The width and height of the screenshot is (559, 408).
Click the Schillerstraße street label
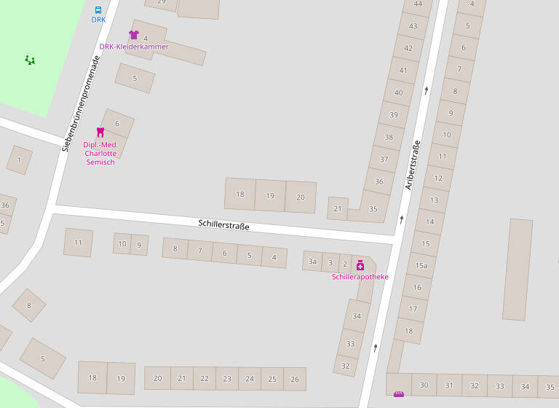point(223,226)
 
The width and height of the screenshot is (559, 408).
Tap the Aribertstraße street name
point(413,165)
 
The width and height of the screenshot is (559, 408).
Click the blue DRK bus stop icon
point(98,10)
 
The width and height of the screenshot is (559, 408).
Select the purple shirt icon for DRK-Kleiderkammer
point(133,34)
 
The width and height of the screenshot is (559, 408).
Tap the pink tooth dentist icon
point(100,132)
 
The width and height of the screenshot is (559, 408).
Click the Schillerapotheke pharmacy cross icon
point(360,265)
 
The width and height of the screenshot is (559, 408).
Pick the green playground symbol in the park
point(30,60)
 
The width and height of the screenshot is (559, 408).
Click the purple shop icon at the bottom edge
point(399,394)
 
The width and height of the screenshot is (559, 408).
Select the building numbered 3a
point(312,261)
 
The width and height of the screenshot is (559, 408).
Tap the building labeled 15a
point(421,266)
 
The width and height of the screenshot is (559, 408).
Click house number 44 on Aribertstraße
point(418,4)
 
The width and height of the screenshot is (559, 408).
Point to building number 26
point(295,379)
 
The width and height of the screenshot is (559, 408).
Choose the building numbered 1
point(19,160)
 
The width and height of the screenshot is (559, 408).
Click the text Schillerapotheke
point(360,278)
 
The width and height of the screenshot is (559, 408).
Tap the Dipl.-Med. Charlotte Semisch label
point(100,153)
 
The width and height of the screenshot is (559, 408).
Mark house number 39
point(394,115)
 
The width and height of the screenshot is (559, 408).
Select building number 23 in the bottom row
point(227,379)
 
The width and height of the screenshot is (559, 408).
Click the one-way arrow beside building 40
point(426,91)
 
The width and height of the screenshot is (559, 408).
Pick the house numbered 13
point(434,200)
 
